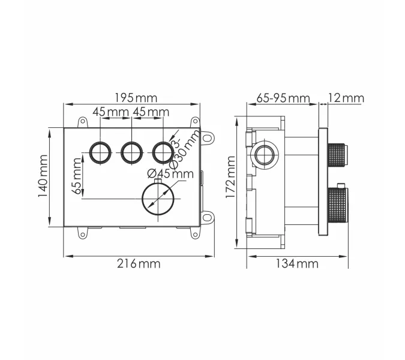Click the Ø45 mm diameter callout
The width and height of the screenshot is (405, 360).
point(170,174)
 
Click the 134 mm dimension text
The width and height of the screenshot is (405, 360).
point(298,263)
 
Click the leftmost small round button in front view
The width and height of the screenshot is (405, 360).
point(100,152)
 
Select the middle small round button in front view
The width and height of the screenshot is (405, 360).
point(131,152)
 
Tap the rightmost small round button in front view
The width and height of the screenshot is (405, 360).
point(162,152)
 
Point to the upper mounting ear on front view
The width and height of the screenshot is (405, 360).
point(208,137)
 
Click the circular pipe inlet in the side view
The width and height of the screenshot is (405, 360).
point(265,155)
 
